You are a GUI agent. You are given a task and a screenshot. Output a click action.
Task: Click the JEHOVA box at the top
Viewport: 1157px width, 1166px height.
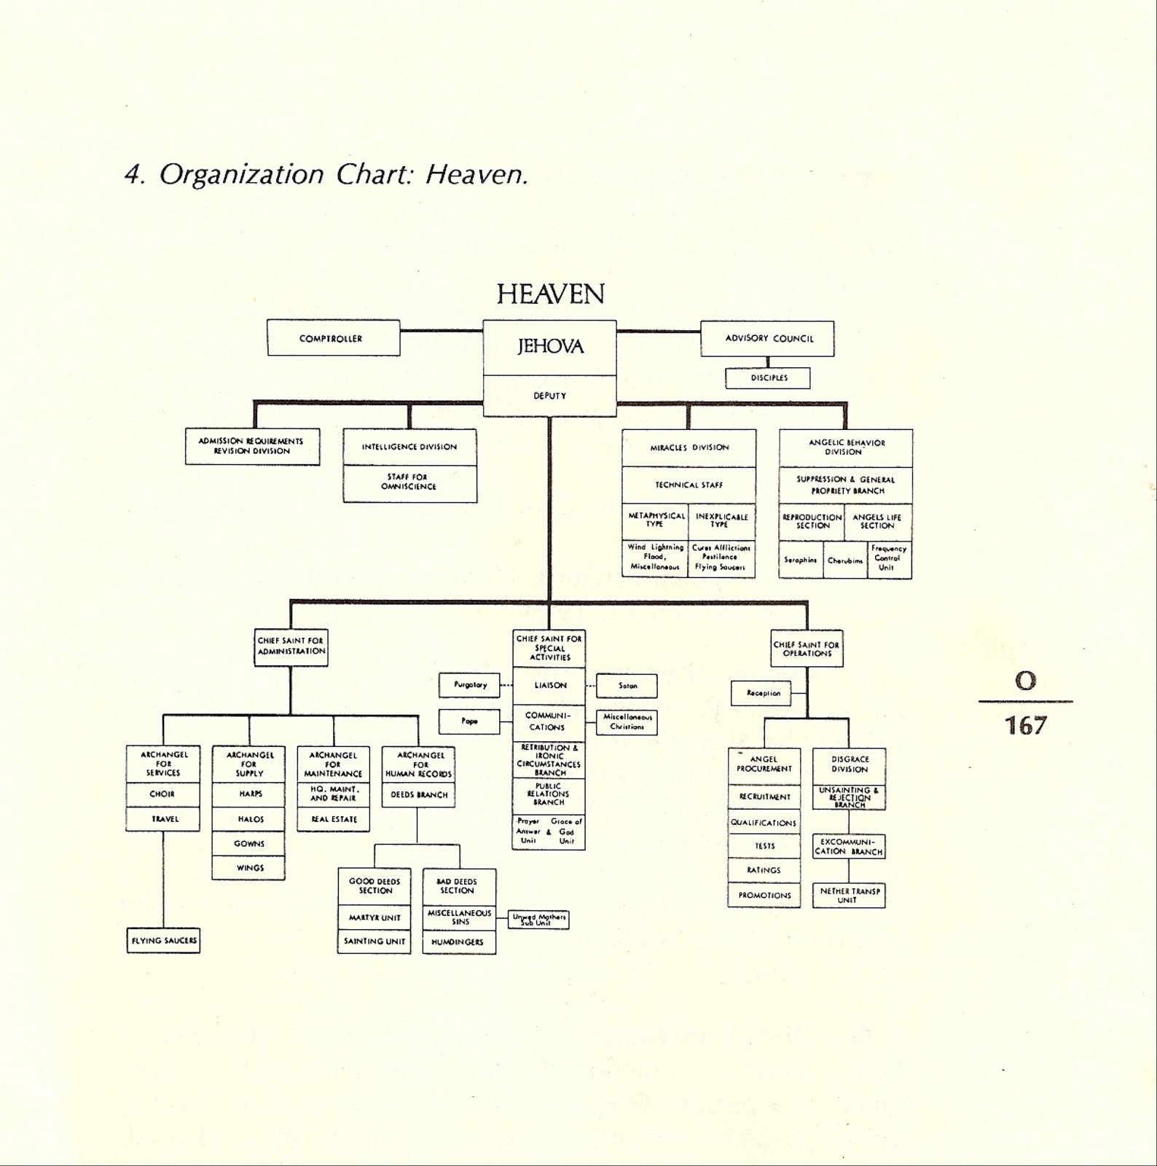pyautogui.click(x=550, y=347)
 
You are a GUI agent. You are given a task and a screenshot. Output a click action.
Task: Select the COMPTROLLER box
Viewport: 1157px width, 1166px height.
pyautogui.click(x=333, y=338)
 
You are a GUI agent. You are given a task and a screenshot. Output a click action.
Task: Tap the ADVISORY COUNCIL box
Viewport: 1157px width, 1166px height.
pyautogui.click(x=767, y=338)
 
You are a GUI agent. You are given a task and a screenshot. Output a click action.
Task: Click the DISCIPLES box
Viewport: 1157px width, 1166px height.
pyautogui.click(x=768, y=377)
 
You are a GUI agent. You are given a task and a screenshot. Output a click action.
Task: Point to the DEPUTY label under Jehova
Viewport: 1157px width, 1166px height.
pyautogui.click(x=550, y=396)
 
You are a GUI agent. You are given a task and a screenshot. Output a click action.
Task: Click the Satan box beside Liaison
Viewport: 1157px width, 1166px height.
pyautogui.click(x=627, y=686)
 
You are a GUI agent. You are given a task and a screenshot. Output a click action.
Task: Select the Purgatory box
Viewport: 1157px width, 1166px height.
pyautogui.click(x=469, y=685)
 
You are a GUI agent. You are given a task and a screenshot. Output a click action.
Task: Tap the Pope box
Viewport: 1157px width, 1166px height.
pyautogui.click(x=469, y=721)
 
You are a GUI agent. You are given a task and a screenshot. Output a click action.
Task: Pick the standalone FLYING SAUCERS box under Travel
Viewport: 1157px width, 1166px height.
pyautogui.click(x=163, y=940)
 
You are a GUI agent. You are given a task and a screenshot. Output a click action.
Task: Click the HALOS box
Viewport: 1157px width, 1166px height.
pyautogui.click(x=249, y=819)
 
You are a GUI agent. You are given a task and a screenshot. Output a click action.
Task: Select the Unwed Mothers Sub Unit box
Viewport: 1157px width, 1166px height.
pyautogui.click(x=538, y=920)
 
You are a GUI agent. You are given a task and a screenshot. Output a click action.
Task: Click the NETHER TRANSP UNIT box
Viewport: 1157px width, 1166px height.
pyautogui.click(x=849, y=896)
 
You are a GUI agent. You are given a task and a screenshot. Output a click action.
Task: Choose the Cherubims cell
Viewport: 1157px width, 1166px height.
pyautogui.click(x=845, y=560)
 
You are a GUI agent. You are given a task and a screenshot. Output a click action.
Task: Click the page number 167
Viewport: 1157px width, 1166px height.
pyautogui.click(x=1026, y=726)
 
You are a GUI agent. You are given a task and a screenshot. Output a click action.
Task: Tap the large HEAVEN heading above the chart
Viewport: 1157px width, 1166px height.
pyautogui.click(x=550, y=294)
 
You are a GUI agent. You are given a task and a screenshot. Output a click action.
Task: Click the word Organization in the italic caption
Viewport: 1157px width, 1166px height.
pyautogui.click(x=241, y=175)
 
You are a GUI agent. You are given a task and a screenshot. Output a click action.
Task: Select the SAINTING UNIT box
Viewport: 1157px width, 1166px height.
pyautogui.click(x=374, y=942)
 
